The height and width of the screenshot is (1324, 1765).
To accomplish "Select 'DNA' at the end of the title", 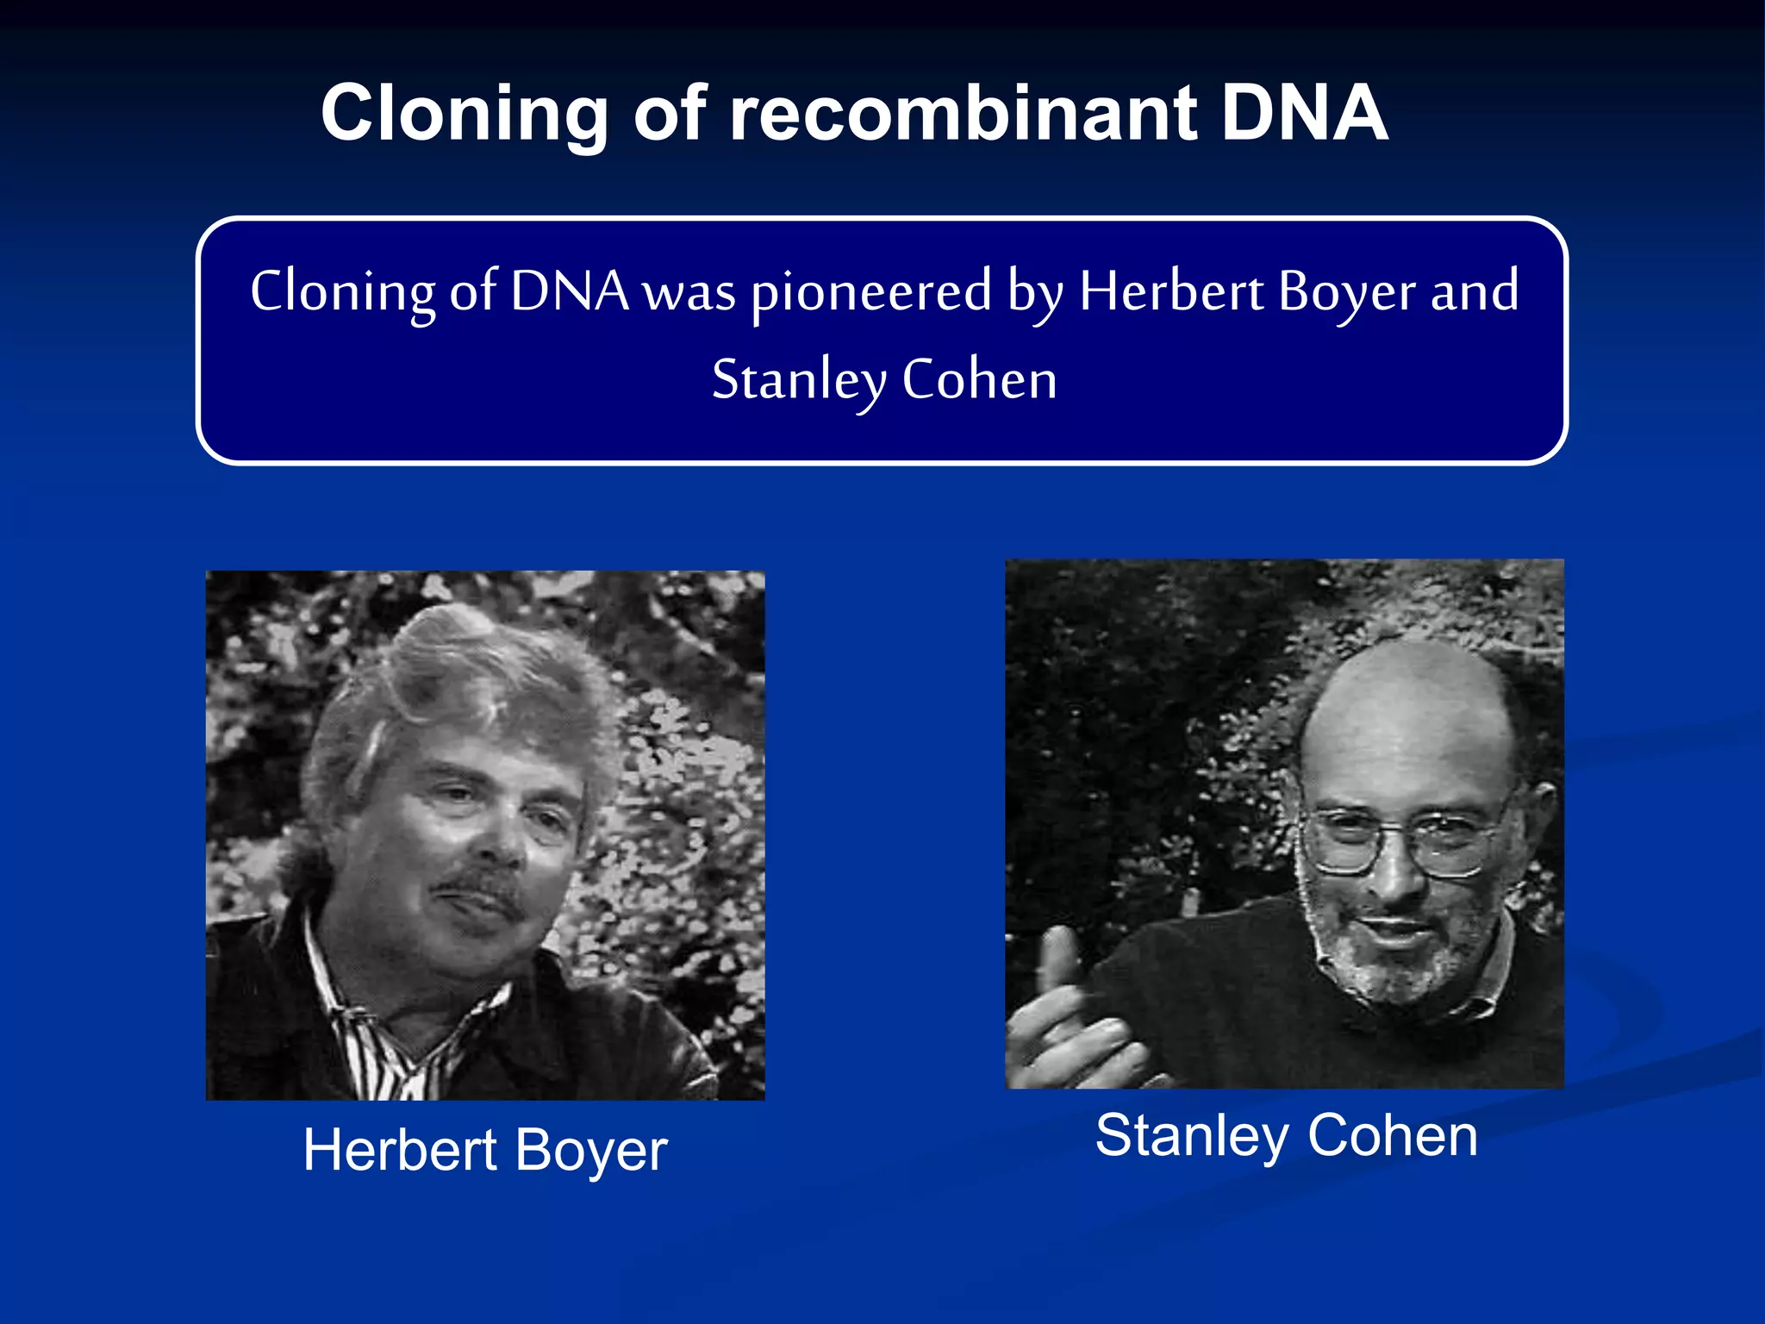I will pyautogui.click(x=1303, y=114).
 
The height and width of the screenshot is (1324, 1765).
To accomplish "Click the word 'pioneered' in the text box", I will pyautogui.click(x=871, y=293).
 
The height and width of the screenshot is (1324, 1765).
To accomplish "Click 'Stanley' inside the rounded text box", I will pyautogui.click(x=799, y=381).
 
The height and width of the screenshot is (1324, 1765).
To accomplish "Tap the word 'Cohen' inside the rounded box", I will pyautogui.click(x=979, y=380).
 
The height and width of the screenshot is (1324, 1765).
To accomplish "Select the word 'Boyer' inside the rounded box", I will pyautogui.click(x=1346, y=293).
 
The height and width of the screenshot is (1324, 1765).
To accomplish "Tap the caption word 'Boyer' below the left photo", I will pyautogui.click(x=591, y=1152).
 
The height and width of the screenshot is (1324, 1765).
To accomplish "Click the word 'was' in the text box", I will pyautogui.click(x=690, y=293).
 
